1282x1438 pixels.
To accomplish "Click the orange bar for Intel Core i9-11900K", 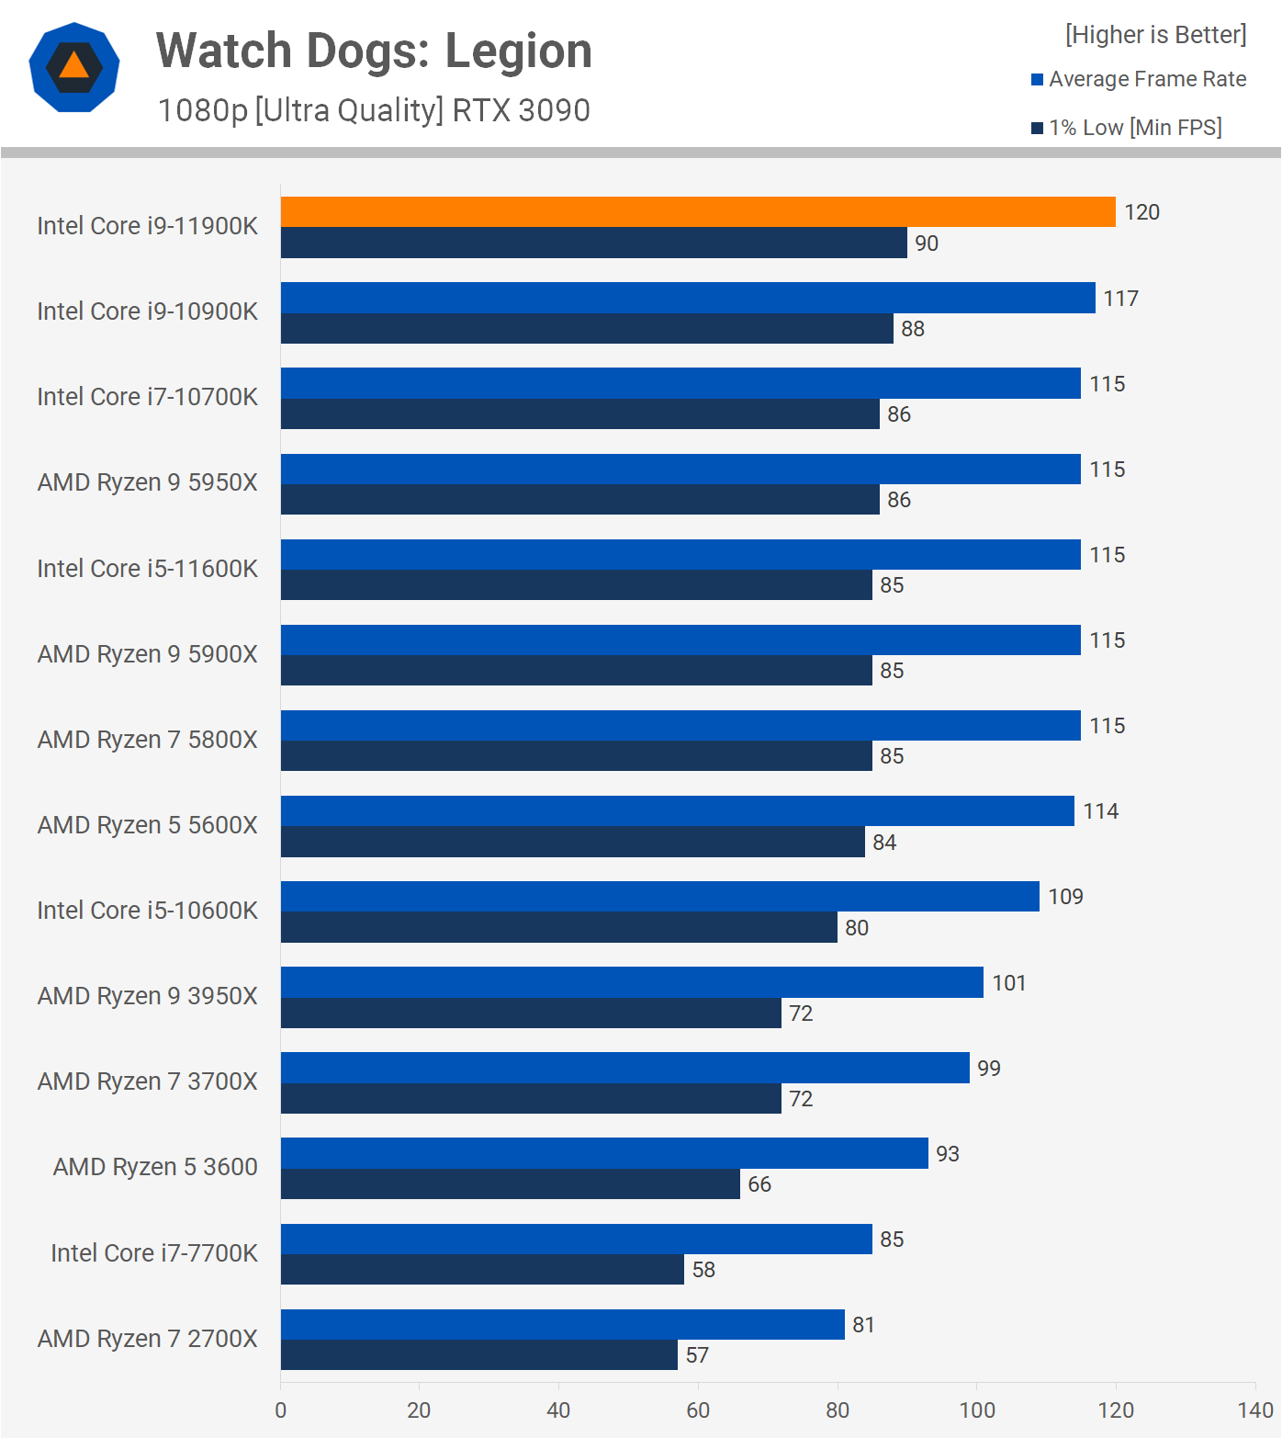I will (698, 211).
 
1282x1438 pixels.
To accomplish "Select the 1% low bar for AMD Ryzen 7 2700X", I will (479, 1355).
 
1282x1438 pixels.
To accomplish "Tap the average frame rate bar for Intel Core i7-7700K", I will (577, 1239).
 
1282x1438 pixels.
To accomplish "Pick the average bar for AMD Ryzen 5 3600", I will (604, 1153).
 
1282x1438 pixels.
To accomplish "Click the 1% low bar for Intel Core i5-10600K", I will (559, 927).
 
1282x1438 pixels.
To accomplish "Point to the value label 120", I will (1141, 212).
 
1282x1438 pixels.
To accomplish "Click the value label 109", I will (1065, 897).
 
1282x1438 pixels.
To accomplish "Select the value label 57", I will (697, 1355).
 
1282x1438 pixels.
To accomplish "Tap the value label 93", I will (947, 1154).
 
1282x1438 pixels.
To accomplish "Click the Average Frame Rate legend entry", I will (1139, 79).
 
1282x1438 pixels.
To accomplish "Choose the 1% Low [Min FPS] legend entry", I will (1127, 128).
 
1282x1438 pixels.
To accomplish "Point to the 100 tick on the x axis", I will (976, 1410).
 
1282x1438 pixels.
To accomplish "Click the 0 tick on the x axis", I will (280, 1410).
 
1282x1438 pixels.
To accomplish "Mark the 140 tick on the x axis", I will (1254, 1410).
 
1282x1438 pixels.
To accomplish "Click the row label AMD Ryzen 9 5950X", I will (147, 482).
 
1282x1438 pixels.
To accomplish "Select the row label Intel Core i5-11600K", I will (147, 569).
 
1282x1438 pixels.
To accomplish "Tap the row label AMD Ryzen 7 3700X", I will (147, 1081).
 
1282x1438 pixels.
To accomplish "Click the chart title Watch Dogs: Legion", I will (374, 51).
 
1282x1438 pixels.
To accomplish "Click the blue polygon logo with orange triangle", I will (74, 67).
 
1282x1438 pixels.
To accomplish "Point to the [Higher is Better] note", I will (1155, 35).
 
